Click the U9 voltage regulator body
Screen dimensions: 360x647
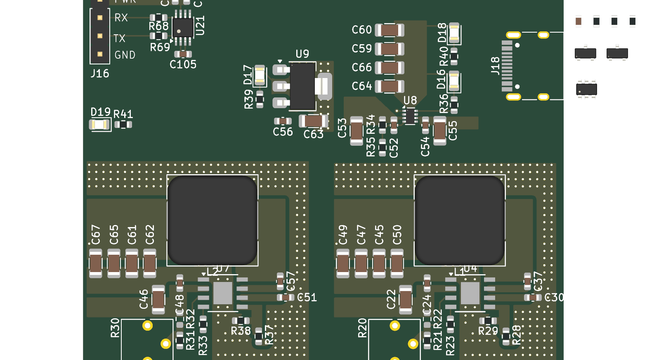point(302,86)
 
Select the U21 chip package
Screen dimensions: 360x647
point(182,28)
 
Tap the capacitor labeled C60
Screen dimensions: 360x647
point(389,30)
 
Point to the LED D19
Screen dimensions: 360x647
point(99,124)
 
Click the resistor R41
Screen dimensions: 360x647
point(123,124)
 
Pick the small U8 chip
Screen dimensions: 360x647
point(410,116)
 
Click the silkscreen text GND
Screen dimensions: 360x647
point(125,55)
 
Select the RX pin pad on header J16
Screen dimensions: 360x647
point(100,18)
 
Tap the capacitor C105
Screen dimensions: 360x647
point(183,54)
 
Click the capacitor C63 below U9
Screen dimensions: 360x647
point(313,121)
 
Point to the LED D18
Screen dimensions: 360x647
point(454,33)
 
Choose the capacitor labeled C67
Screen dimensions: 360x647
point(96,263)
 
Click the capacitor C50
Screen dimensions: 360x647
point(397,263)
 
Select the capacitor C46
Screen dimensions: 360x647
point(158,299)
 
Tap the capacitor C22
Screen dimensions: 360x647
point(406,299)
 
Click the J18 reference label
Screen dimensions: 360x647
point(495,66)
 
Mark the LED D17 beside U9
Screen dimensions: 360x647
point(260,75)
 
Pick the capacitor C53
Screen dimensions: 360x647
point(357,131)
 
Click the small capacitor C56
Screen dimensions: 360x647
point(283,121)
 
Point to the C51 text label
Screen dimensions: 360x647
point(307,297)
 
